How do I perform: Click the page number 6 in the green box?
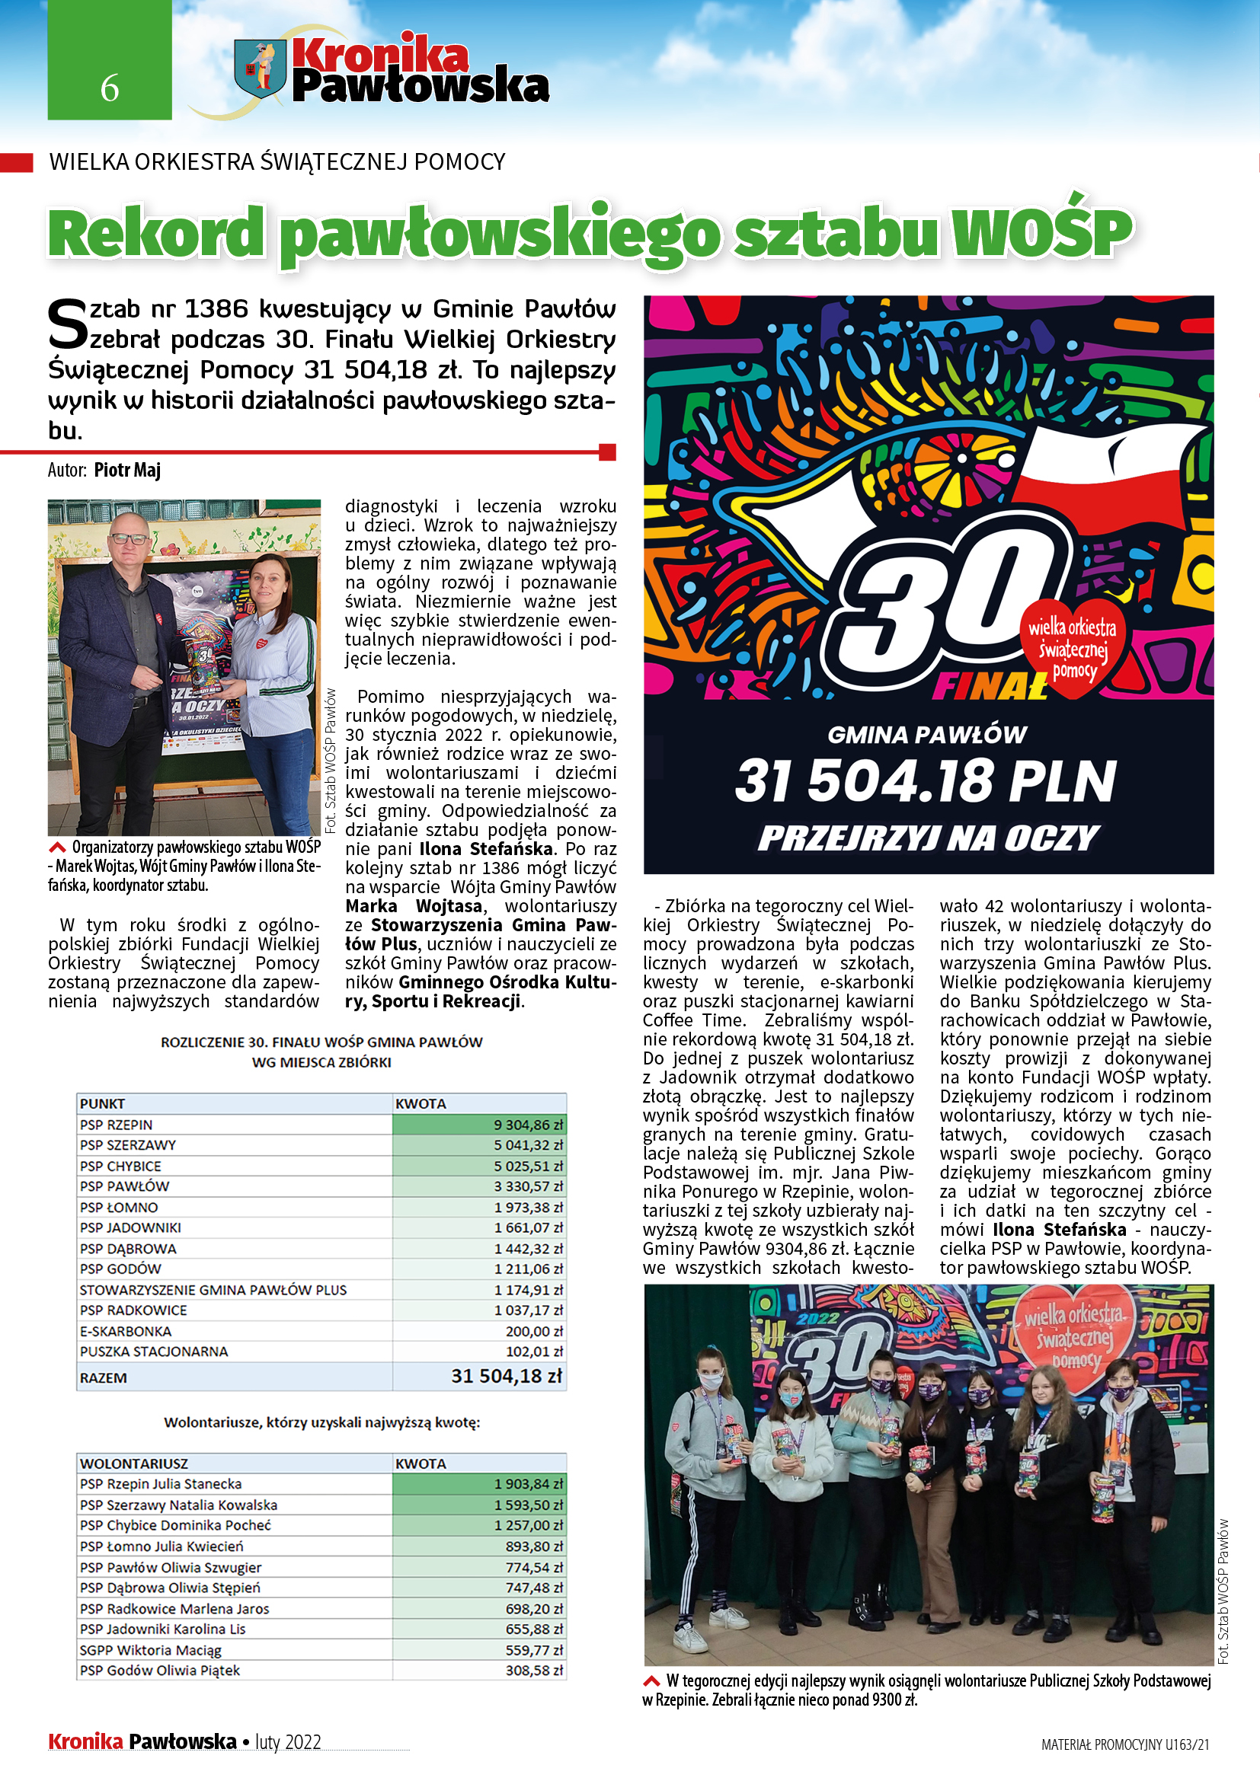click(110, 88)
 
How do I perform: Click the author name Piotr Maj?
click(127, 470)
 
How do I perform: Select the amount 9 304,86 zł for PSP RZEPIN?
click(528, 1125)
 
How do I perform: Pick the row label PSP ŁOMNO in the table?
click(119, 1208)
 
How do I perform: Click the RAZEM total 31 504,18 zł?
click(506, 1376)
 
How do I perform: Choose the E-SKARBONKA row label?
click(126, 1331)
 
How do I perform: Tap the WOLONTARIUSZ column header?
click(133, 1463)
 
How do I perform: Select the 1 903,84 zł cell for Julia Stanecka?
click(528, 1484)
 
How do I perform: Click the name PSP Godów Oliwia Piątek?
click(160, 1670)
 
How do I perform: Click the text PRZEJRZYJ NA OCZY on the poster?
click(928, 838)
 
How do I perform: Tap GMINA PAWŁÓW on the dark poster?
click(926, 735)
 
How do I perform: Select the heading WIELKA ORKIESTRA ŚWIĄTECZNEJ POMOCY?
click(277, 162)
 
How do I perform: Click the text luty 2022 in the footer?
click(288, 1742)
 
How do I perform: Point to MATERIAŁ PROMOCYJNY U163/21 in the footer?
click(1125, 1744)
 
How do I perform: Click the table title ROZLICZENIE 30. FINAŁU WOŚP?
click(321, 1042)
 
